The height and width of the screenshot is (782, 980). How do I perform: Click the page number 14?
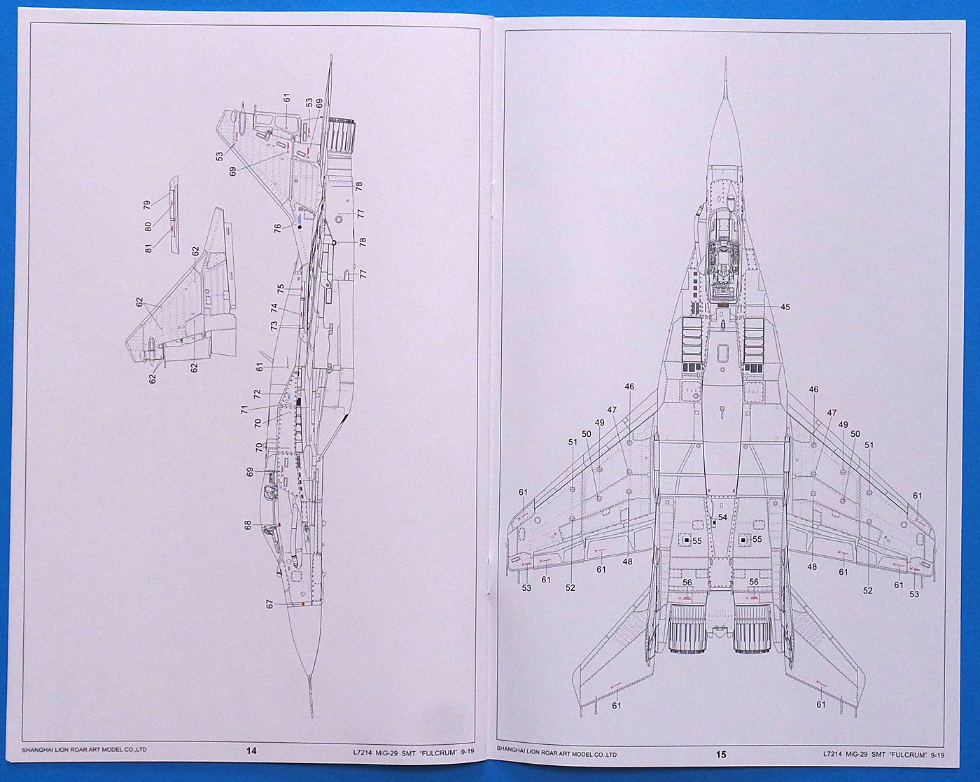[251, 751]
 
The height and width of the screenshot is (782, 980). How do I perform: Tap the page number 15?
[721, 754]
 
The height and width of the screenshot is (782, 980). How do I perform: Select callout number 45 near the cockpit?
[785, 307]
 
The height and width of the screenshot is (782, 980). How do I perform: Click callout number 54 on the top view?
[722, 517]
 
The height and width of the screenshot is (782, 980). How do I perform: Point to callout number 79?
[147, 205]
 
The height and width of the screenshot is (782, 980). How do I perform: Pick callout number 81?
[148, 248]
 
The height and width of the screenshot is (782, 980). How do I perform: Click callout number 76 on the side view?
[278, 228]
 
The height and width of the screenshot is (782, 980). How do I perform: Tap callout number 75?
[281, 288]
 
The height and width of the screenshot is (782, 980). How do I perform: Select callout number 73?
[274, 325]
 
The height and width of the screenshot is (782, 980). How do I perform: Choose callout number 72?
[257, 394]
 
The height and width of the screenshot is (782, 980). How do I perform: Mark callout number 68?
[248, 524]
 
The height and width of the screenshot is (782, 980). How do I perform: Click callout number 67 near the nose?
[269, 603]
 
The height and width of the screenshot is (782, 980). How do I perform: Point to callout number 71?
[244, 410]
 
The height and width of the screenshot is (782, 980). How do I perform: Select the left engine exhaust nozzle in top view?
[687, 630]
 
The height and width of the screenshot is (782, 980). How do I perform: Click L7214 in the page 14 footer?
[363, 751]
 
